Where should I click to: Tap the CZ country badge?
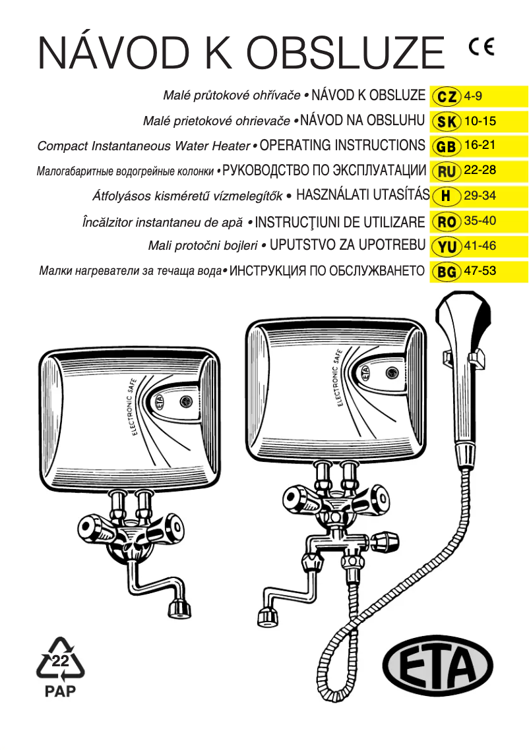(x=447, y=96)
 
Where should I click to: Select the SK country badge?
(x=447, y=121)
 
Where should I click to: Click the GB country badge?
(x=447, y=146)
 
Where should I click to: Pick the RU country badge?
(x=447, y=171)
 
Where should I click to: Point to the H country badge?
(x=447, y=196)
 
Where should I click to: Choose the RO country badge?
(x=447, y=221)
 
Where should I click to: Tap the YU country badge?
(x=447, y=246)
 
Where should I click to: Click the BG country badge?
(x=447, y=271)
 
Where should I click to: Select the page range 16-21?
(x=480, y=145)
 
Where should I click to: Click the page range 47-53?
(x=480, y=270)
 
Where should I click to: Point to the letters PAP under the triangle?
(x=60, y=691)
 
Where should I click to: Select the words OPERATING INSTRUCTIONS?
(x=342, y=145)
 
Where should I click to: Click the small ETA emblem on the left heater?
(x=160, y=401)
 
